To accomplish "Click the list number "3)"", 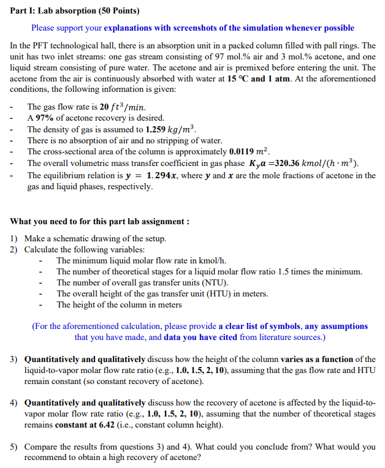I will pyautogui.click(x=13, y=359).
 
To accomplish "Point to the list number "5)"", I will pyautogui.click(x=13, y=447).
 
